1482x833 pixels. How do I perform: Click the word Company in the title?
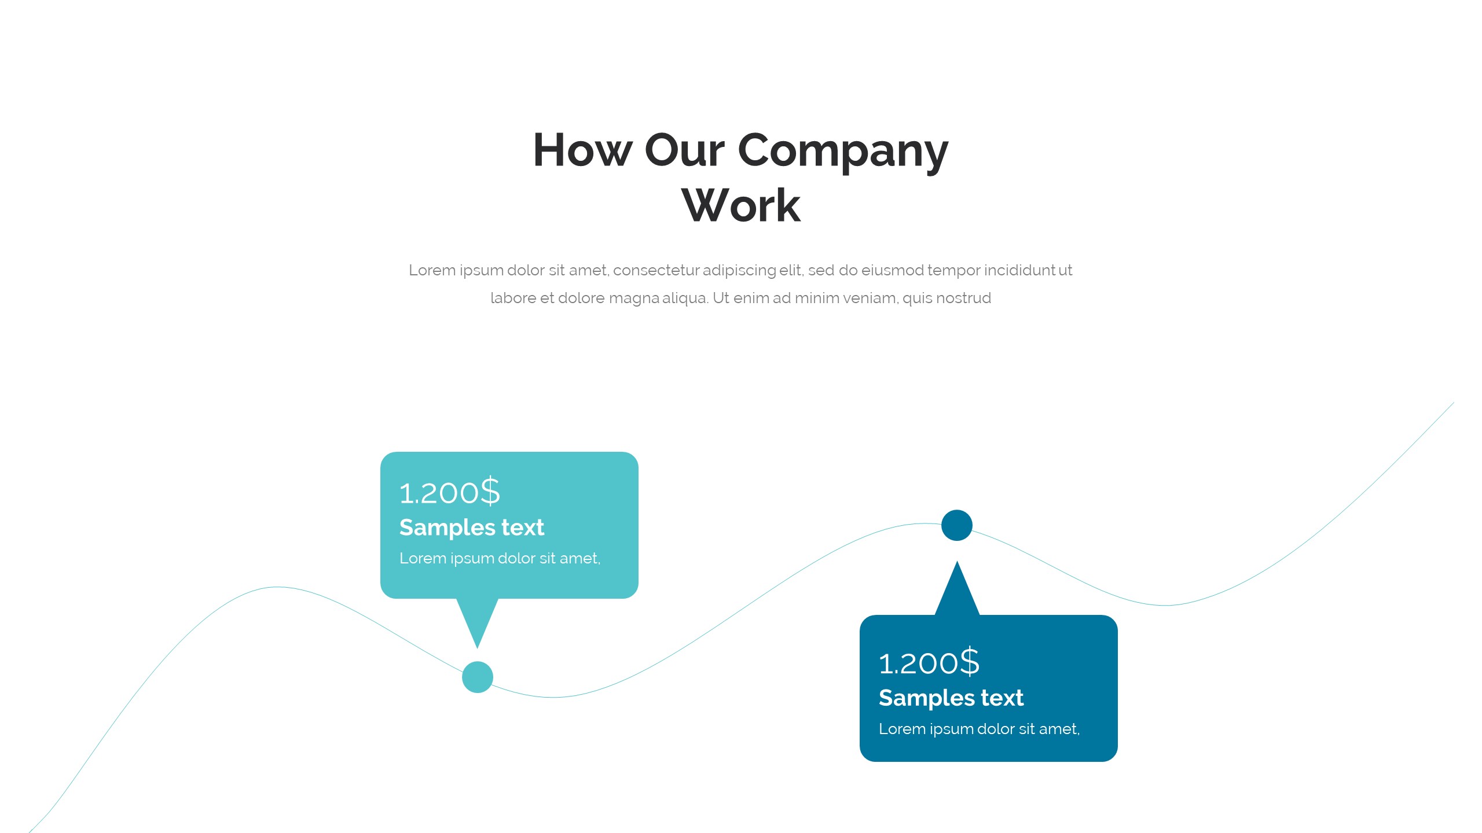coord(843,152)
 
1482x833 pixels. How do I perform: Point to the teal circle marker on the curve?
coord(478,677)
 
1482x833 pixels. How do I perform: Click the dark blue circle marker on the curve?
coord(957,525)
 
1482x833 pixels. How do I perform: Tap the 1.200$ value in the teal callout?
coord(450,492)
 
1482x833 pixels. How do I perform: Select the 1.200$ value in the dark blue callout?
coord(929,662)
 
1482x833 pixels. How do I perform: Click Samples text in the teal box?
coord(472,528)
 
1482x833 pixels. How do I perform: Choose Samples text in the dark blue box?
coord(951,698)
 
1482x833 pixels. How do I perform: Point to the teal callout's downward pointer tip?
coord(478,648)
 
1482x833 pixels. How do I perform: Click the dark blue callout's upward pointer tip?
coord(957,561)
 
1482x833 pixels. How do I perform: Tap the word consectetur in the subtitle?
coord(656,270)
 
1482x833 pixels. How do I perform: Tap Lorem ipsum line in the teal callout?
coord(500,558)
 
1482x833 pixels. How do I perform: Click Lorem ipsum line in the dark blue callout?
coord(980,729)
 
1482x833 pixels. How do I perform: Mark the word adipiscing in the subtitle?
coord(739,271)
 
